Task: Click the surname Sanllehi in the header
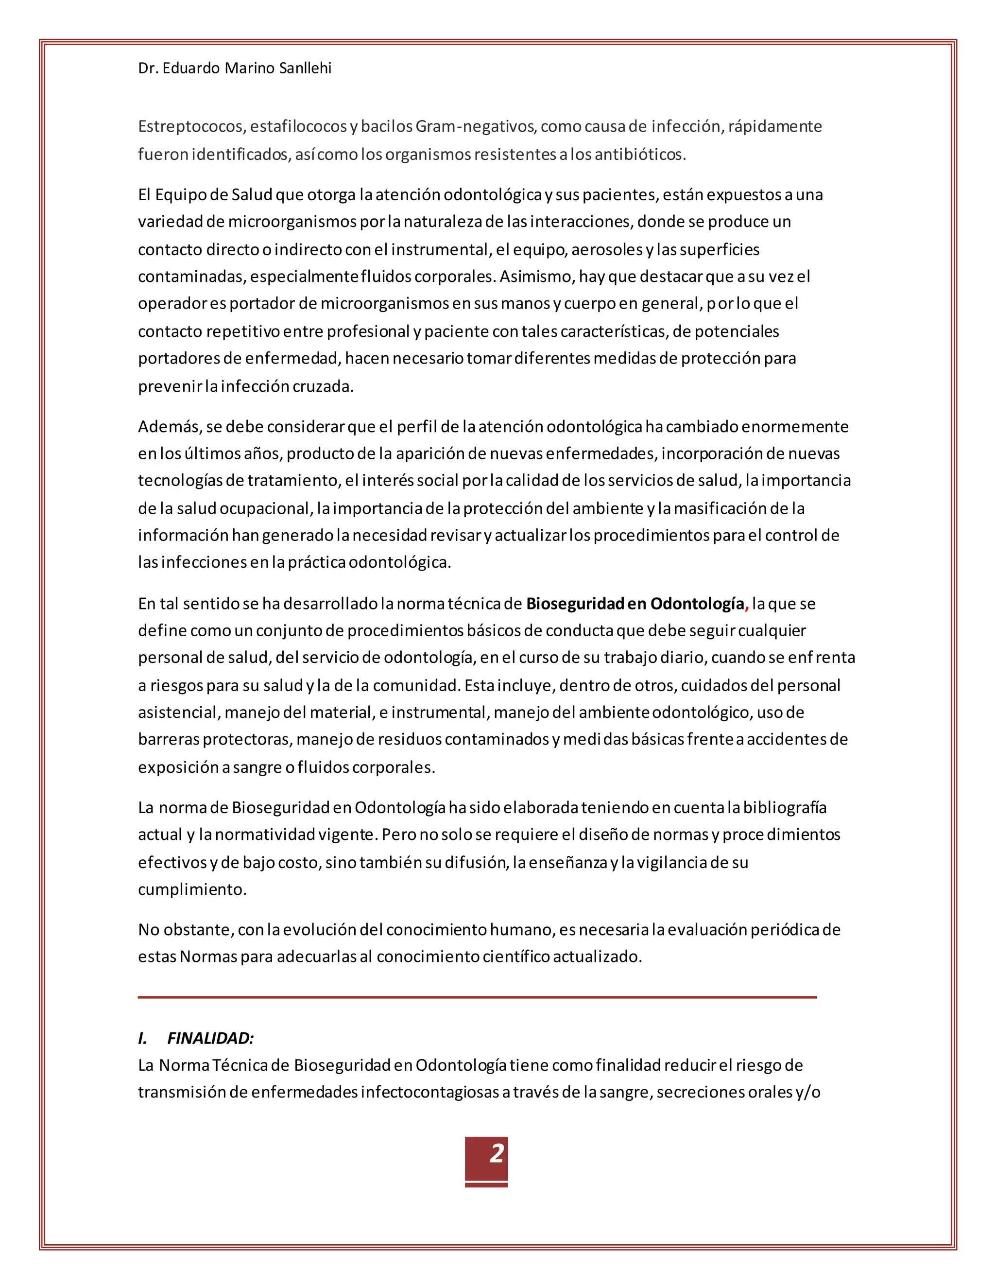pos(305,69)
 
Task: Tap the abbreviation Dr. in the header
pos(148,69)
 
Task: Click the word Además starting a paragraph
pos(170,427)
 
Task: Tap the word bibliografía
pos(785,808)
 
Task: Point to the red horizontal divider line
pos(477,997)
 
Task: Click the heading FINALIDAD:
pos(210,1038)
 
